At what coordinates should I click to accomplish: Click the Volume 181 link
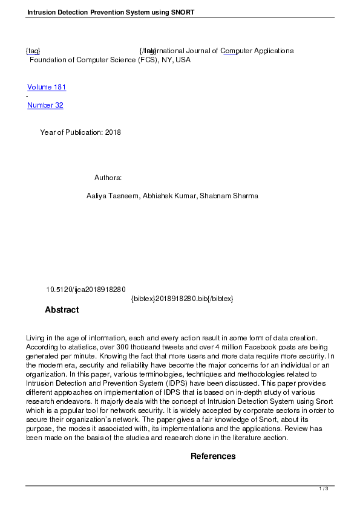47,87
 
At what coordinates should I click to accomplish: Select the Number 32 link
45,105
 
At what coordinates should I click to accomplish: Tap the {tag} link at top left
33,51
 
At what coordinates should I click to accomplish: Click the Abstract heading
62,310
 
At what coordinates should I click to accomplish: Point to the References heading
213,456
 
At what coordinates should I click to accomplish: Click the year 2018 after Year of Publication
113,132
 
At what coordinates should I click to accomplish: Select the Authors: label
108,178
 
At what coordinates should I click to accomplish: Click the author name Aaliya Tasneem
113,196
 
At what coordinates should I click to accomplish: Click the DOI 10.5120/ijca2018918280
85,290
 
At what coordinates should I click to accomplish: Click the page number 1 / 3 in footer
324,488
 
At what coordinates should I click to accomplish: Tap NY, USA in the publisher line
176,60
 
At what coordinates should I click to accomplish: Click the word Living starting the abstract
36,338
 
